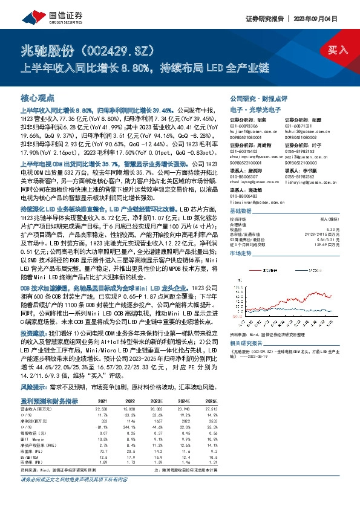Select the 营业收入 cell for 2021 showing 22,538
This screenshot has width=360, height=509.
point(101,408)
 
